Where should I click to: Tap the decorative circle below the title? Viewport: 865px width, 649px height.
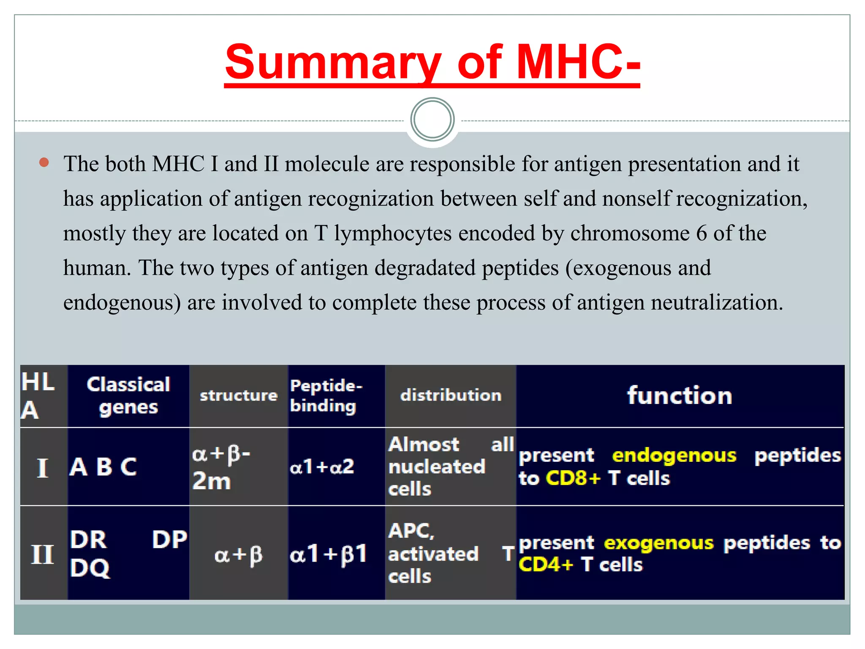point(432,120)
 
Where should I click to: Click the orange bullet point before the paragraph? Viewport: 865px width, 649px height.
point(44,163)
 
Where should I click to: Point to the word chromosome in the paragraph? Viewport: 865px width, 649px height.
point(630,234)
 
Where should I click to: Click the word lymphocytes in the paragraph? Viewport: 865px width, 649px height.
point(393,234)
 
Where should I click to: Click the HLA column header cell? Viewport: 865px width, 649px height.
point(38,395)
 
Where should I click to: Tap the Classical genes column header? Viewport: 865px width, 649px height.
point(128,395)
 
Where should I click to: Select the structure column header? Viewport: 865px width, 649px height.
point(239,395)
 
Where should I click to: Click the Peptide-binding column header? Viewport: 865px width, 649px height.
point(326,395)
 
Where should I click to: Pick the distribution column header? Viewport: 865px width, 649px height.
point(451,395)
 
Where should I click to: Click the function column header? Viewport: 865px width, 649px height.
point(679,395)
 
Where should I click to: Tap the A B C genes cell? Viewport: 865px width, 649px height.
point(103,467)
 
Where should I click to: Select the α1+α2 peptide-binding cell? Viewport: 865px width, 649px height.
point(322,467)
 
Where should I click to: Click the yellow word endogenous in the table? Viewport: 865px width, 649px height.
point(674,455)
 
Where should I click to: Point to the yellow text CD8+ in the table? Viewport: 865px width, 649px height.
point(573,478)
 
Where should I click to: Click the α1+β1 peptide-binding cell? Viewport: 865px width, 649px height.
point(328,554)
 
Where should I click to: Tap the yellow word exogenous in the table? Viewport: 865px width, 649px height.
point(658,543)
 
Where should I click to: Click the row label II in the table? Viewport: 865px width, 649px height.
point(43,554)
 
